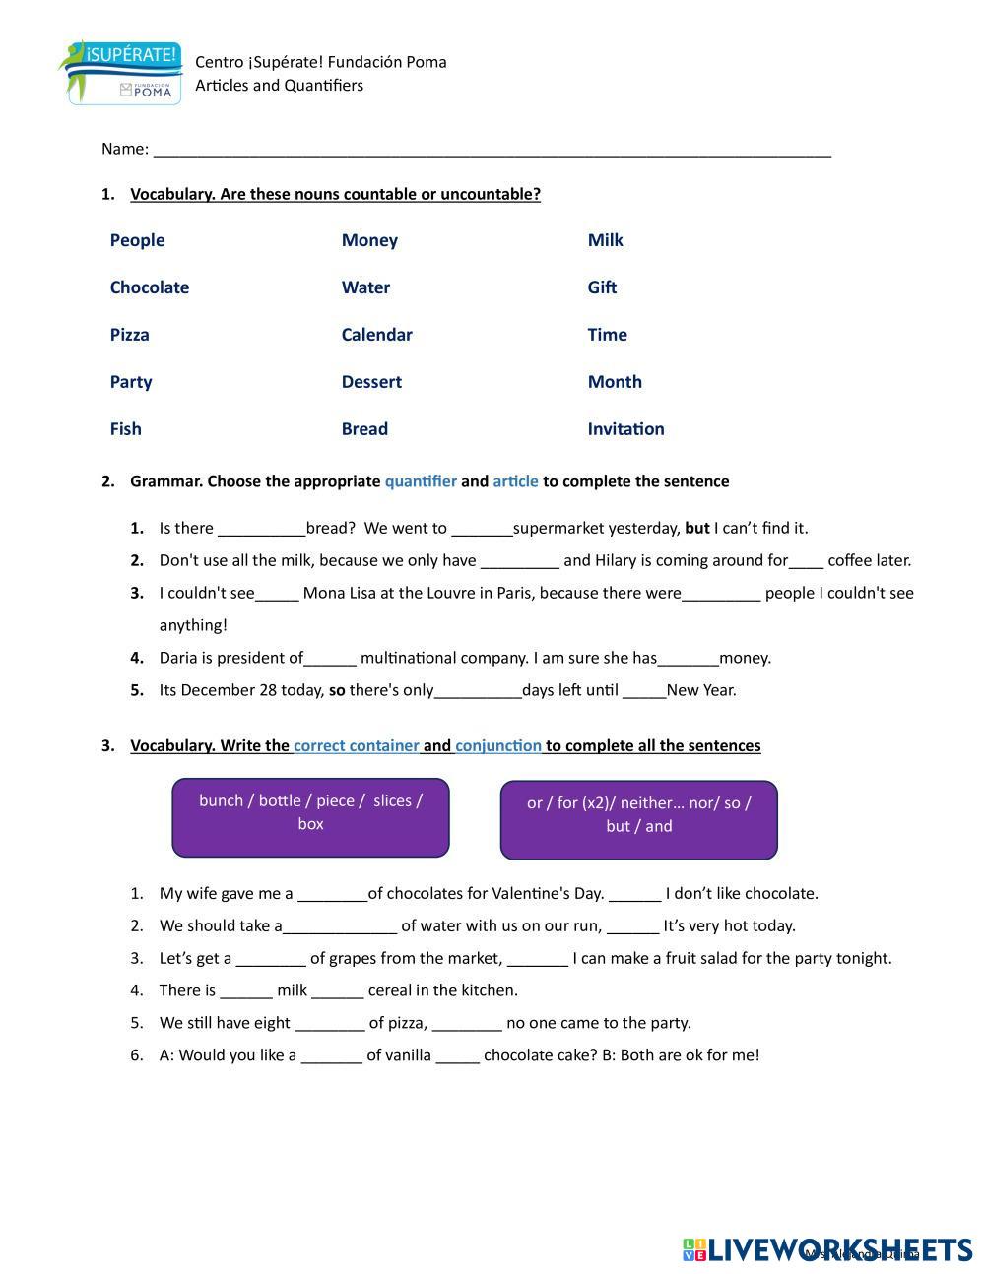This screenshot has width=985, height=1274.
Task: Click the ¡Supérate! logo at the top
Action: pos(120,72)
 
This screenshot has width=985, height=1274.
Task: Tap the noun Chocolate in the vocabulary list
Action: pos(150,287)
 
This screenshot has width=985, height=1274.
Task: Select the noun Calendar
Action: pos(376,335)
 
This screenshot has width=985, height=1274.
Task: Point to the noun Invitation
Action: pos(625,429)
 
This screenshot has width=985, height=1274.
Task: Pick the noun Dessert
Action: pos(371,382)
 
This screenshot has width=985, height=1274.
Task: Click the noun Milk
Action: pos(605,240)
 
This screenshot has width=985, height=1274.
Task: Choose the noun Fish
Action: pos(126,429)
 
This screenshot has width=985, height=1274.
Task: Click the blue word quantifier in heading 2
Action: pos(421,481)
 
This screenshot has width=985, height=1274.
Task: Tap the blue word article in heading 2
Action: pos(515,481)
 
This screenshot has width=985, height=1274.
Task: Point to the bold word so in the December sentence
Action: pos(337,690)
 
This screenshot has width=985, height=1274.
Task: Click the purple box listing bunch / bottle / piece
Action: pos(310,817)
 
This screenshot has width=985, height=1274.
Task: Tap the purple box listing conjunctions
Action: pos(638,819)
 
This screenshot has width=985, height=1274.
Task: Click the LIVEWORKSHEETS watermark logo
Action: pos(827,1248)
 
